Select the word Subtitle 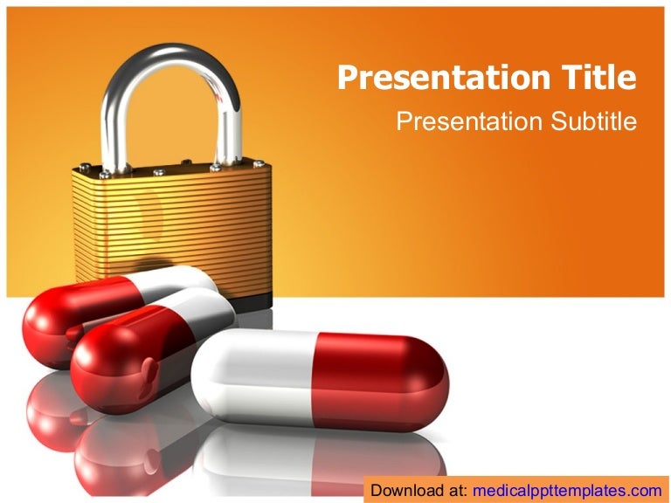coord(593,121)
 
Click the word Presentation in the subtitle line coord(470,121)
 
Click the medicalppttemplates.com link coord(567,490)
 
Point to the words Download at coord(419,490)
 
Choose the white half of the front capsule coord(252,376)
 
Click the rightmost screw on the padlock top coord(259,164)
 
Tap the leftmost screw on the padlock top coord(84,168)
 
